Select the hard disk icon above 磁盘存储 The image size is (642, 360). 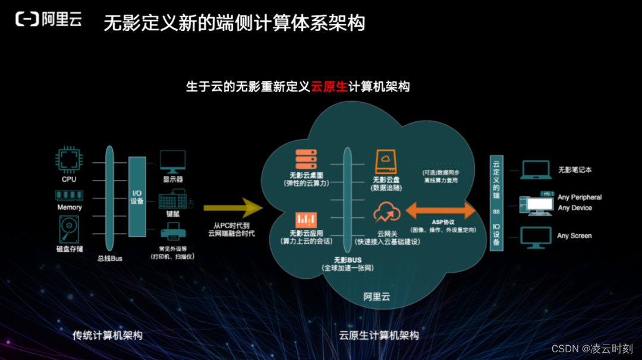click(x=69, y=229)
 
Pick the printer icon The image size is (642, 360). click(x=172, y=233)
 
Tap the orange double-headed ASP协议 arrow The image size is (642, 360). click(x=441, y=210)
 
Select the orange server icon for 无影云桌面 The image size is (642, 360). click(x=305, y=159)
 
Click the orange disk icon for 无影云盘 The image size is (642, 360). click(x=386, y=161)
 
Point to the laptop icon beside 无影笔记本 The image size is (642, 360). click(x=536, y=170)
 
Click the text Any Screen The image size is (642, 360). click(x=574, y=236)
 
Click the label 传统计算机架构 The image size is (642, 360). click(x=108, y=336)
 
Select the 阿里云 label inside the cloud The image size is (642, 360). click(x=376, y=297)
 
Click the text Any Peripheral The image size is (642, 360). click(x=580, y=197)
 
